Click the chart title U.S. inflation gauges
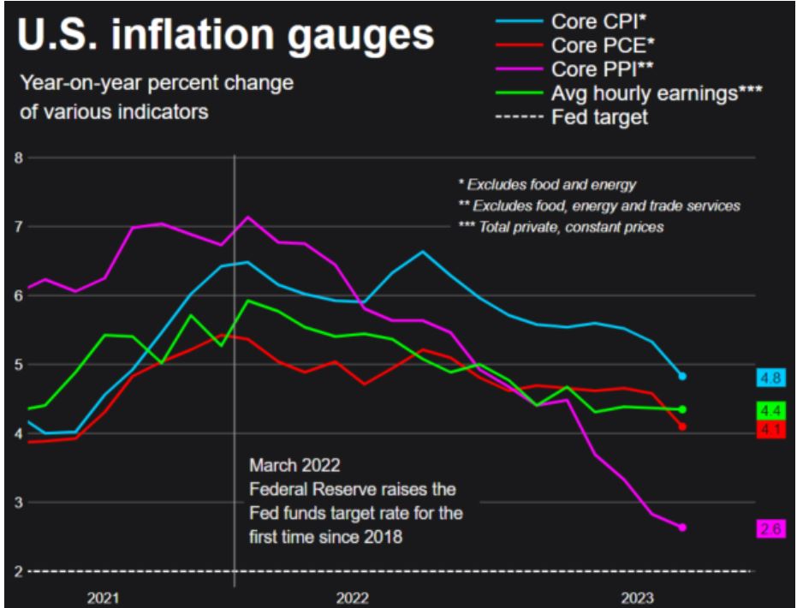point(224,38)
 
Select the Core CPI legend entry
point(599,21)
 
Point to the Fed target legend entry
point(600,117)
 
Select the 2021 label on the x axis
point(103,596)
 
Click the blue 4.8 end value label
point(770,378)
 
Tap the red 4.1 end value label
point(770,430)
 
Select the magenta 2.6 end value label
point(770,529)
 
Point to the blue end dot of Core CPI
point(682,376)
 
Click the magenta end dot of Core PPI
point(682,528)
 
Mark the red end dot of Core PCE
point(682,426)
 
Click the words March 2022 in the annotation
point(294,466)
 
